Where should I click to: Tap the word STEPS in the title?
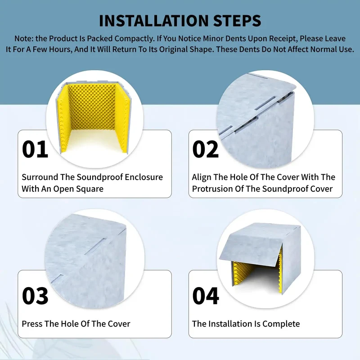click(237, 21)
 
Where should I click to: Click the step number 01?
click(35, 149)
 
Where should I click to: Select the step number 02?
click(206, 149)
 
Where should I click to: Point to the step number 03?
click(35, 296)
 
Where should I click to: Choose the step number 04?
click(206, 296)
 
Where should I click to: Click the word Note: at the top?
click(24, 39)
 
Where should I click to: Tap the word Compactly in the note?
click(134, 39)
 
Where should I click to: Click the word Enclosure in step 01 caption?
click(143, 177)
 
